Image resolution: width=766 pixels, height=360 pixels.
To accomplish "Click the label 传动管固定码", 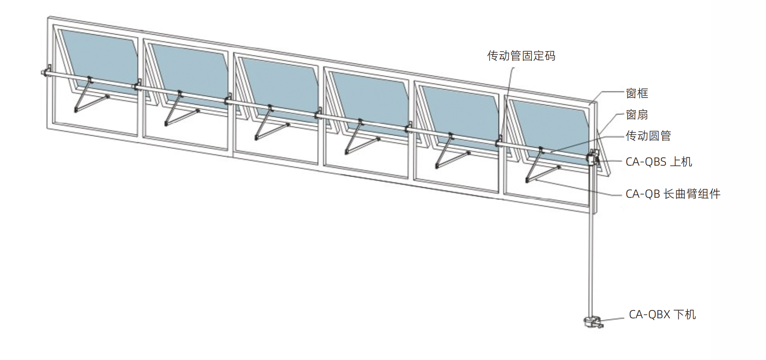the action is click(x=521, y=55).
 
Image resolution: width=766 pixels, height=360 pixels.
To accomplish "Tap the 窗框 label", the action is click(x=637, y=93).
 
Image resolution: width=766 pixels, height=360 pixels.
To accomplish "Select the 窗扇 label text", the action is click(x=637, y=114).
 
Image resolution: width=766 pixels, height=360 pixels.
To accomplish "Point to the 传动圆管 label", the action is click(x=648, y=136).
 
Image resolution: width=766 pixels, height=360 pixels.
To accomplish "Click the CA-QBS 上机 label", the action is click(x=659, y=161).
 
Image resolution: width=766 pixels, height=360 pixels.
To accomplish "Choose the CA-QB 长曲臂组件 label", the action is click(x=673, y=194).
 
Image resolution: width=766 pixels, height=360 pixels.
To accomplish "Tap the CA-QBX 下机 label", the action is click(x=662, y=314).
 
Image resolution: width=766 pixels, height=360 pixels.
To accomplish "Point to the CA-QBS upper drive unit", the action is click(x=594, y=158).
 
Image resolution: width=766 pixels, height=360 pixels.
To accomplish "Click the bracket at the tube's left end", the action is click(x=46, y=71).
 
